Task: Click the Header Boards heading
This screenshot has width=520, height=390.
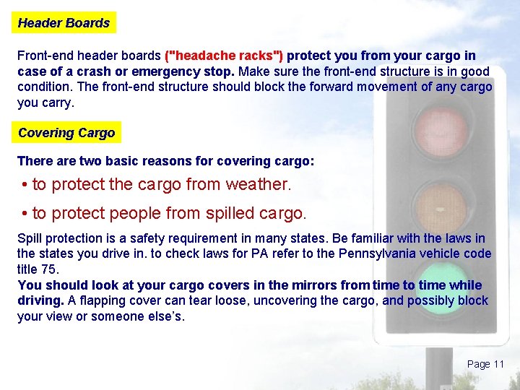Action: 64,23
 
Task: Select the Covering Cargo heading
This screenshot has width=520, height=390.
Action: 66,133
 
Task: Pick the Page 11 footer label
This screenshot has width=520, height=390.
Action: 485,364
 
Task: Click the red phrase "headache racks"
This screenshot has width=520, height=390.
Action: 225,56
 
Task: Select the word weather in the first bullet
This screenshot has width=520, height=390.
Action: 258,184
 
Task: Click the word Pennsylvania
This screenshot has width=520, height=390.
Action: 386,253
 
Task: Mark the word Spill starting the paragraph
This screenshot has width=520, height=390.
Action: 30,238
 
